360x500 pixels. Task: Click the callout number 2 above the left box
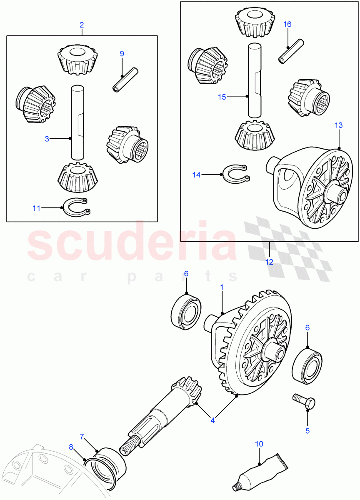(x=82, y=25)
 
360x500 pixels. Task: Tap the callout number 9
(x=122, y=53)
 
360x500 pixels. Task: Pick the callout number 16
(x=287, y=24)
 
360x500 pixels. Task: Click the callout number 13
(x=338, y=125)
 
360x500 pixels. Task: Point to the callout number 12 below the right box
(x=269, y=262)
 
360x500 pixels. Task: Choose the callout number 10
(x=259, y=444)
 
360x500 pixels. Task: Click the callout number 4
(x=212, y=420)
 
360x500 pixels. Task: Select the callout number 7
(x=82, y=436)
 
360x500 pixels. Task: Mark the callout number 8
(x=71, y=447)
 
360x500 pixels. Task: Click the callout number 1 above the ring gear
(x=222, y=287)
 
